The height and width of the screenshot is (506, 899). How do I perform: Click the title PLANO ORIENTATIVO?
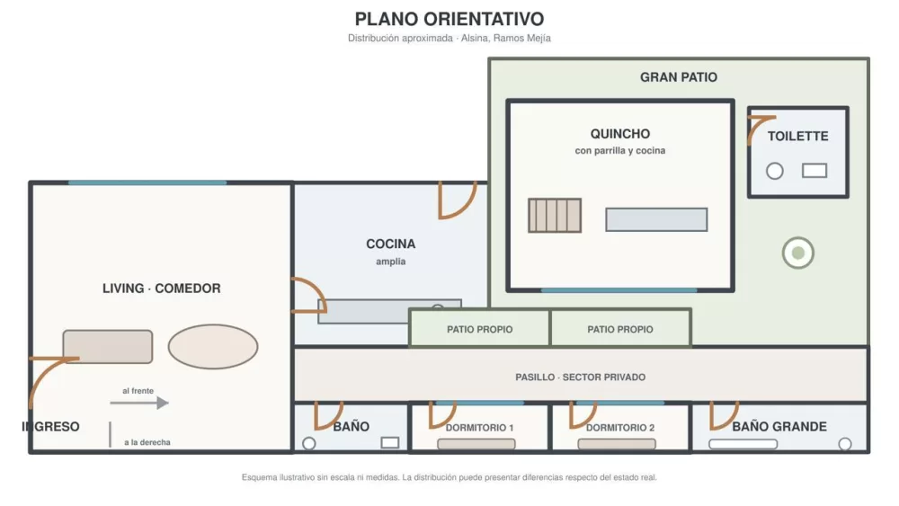point(449,19)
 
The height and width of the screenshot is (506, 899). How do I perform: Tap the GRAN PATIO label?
point(678,77)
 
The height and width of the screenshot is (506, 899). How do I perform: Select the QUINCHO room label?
point(619,134)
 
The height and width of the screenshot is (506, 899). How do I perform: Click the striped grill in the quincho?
point(555,216)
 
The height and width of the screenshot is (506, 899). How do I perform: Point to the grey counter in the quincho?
point(656,219)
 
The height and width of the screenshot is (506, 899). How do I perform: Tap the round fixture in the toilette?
point(775,171)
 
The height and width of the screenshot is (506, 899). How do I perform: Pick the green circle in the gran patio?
point(798,253)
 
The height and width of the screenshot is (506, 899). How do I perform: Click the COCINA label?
point(390,244)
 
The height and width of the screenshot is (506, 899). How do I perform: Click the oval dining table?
point(213,347)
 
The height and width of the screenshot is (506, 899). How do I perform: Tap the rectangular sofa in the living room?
point(108,347)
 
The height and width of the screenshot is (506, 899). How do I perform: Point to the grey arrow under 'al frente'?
point(139,403)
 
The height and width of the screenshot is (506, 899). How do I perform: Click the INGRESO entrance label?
point(50,427)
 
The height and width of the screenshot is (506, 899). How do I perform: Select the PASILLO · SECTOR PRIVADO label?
point(580,377)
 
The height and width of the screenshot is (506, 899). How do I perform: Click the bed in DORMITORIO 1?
point(476,444)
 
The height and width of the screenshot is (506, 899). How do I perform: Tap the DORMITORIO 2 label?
point(619,428)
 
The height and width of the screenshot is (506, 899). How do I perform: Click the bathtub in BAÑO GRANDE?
point(743,444)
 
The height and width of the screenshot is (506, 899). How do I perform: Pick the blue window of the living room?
point(147,182)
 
